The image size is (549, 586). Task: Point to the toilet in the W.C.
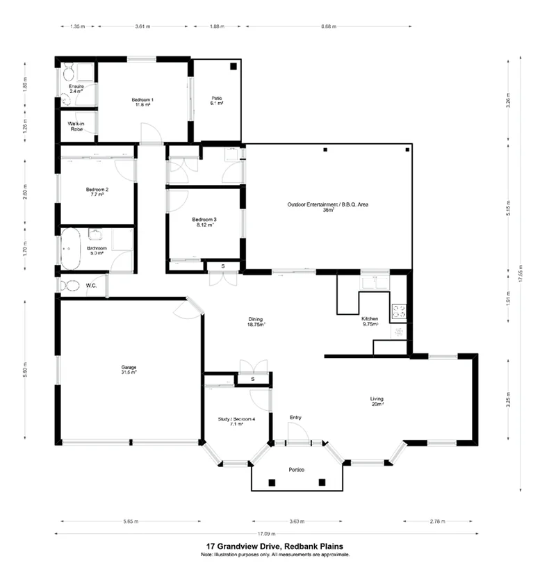coord(69,285)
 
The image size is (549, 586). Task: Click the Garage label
coord(129,369)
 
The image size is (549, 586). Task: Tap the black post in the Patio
coord(233,67)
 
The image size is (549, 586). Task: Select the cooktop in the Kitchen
coord(400,312)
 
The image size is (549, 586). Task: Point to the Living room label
coord(377,400)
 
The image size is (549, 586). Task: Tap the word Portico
coord(297,470)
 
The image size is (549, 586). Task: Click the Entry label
coord(295,417)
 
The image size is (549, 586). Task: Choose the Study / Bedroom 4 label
coord(231,420)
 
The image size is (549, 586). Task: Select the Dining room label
coord(256,321)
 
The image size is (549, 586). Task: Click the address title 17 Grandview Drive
coord(274,546)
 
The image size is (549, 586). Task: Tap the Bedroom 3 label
coord(204,222)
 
